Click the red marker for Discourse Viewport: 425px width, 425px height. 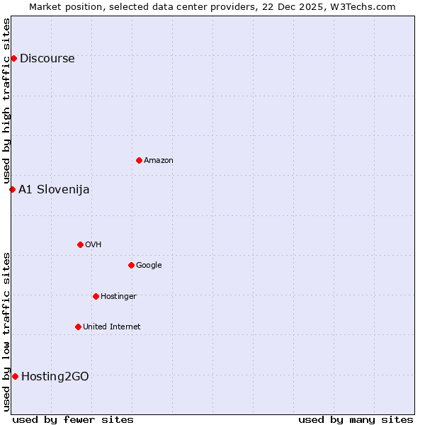[x=13, y=58]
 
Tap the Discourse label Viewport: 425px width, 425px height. [x=47, y=59]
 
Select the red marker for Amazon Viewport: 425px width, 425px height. [x=139, y=160]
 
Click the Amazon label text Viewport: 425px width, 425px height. [x=158, y=161]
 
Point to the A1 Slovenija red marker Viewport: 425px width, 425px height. [x=12, y=189]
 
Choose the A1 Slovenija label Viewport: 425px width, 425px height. [x=54, y=190]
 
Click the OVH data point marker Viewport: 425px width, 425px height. [x=80, y=244]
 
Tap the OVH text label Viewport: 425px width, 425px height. [x=93, y=245]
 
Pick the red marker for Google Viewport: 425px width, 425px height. [x=131, y=265]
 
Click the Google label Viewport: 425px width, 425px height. [x=149, y=266]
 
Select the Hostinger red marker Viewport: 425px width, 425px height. [x=96, y=296]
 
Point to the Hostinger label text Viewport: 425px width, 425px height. [x=118, y=297]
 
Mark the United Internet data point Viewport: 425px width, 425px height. [x=78, y=327]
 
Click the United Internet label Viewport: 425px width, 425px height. [x=111, y=327]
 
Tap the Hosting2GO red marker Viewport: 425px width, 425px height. [x=15, y=376]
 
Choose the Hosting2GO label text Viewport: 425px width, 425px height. [x=55, y=377]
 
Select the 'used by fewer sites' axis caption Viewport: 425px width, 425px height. [x=73, y=419]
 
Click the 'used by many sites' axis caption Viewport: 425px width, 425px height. [x=356, y=419]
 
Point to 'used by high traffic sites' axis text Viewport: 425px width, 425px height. [x=7, y=101]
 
